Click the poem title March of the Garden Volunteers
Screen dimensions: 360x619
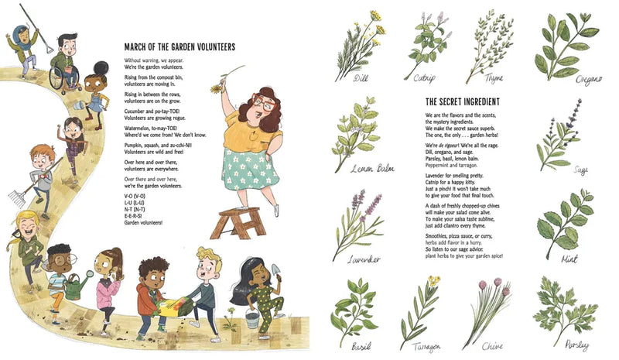(180, 47)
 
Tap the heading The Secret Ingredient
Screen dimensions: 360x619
(462, 101)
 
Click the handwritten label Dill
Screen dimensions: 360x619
(361, 77)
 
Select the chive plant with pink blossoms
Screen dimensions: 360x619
(487, 310)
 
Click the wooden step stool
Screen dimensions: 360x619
(239, 223)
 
